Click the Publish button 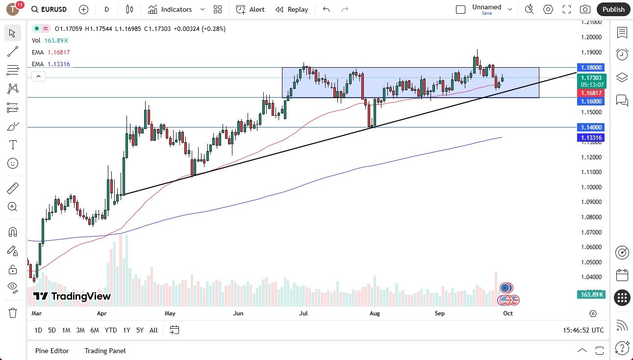pyautogui.click(x=613, y=9)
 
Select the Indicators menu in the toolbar pyautogui.click(x=177, y=9)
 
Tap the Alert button pyautogui.click(x=250, y=9)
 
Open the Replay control pyautogui.click(x=292, y=9)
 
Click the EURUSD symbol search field pyautogui.click(x=49, y=9)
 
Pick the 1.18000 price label pyautogui.click(x=592, y=67)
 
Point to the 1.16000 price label pyautogui.click(x=592, y=101)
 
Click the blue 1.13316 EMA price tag pyautogui.click(x=592, y=138)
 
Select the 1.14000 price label pyautogui.click(x=592, y=127)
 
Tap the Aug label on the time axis pyautogui.click(x=375, y=313)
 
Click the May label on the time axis pyautogui.click(x=170, y=313)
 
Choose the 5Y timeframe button pyautogui.click(x=140, y=330)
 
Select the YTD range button pyautogui.click(x=111, y=330)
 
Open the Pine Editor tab pyautogui.click(x=52, y=351)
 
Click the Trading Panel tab pyautogui.click(x=105, y=351)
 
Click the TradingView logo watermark pyautogui.click(x=72, y=296)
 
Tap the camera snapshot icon pyautogui.click(x=585, y=9)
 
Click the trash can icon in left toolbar pyautogui.click(x=13, y=313)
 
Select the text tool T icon pyautogui.click(x=13, y=145)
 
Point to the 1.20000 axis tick pyautogui.click(x=591, y=37)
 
